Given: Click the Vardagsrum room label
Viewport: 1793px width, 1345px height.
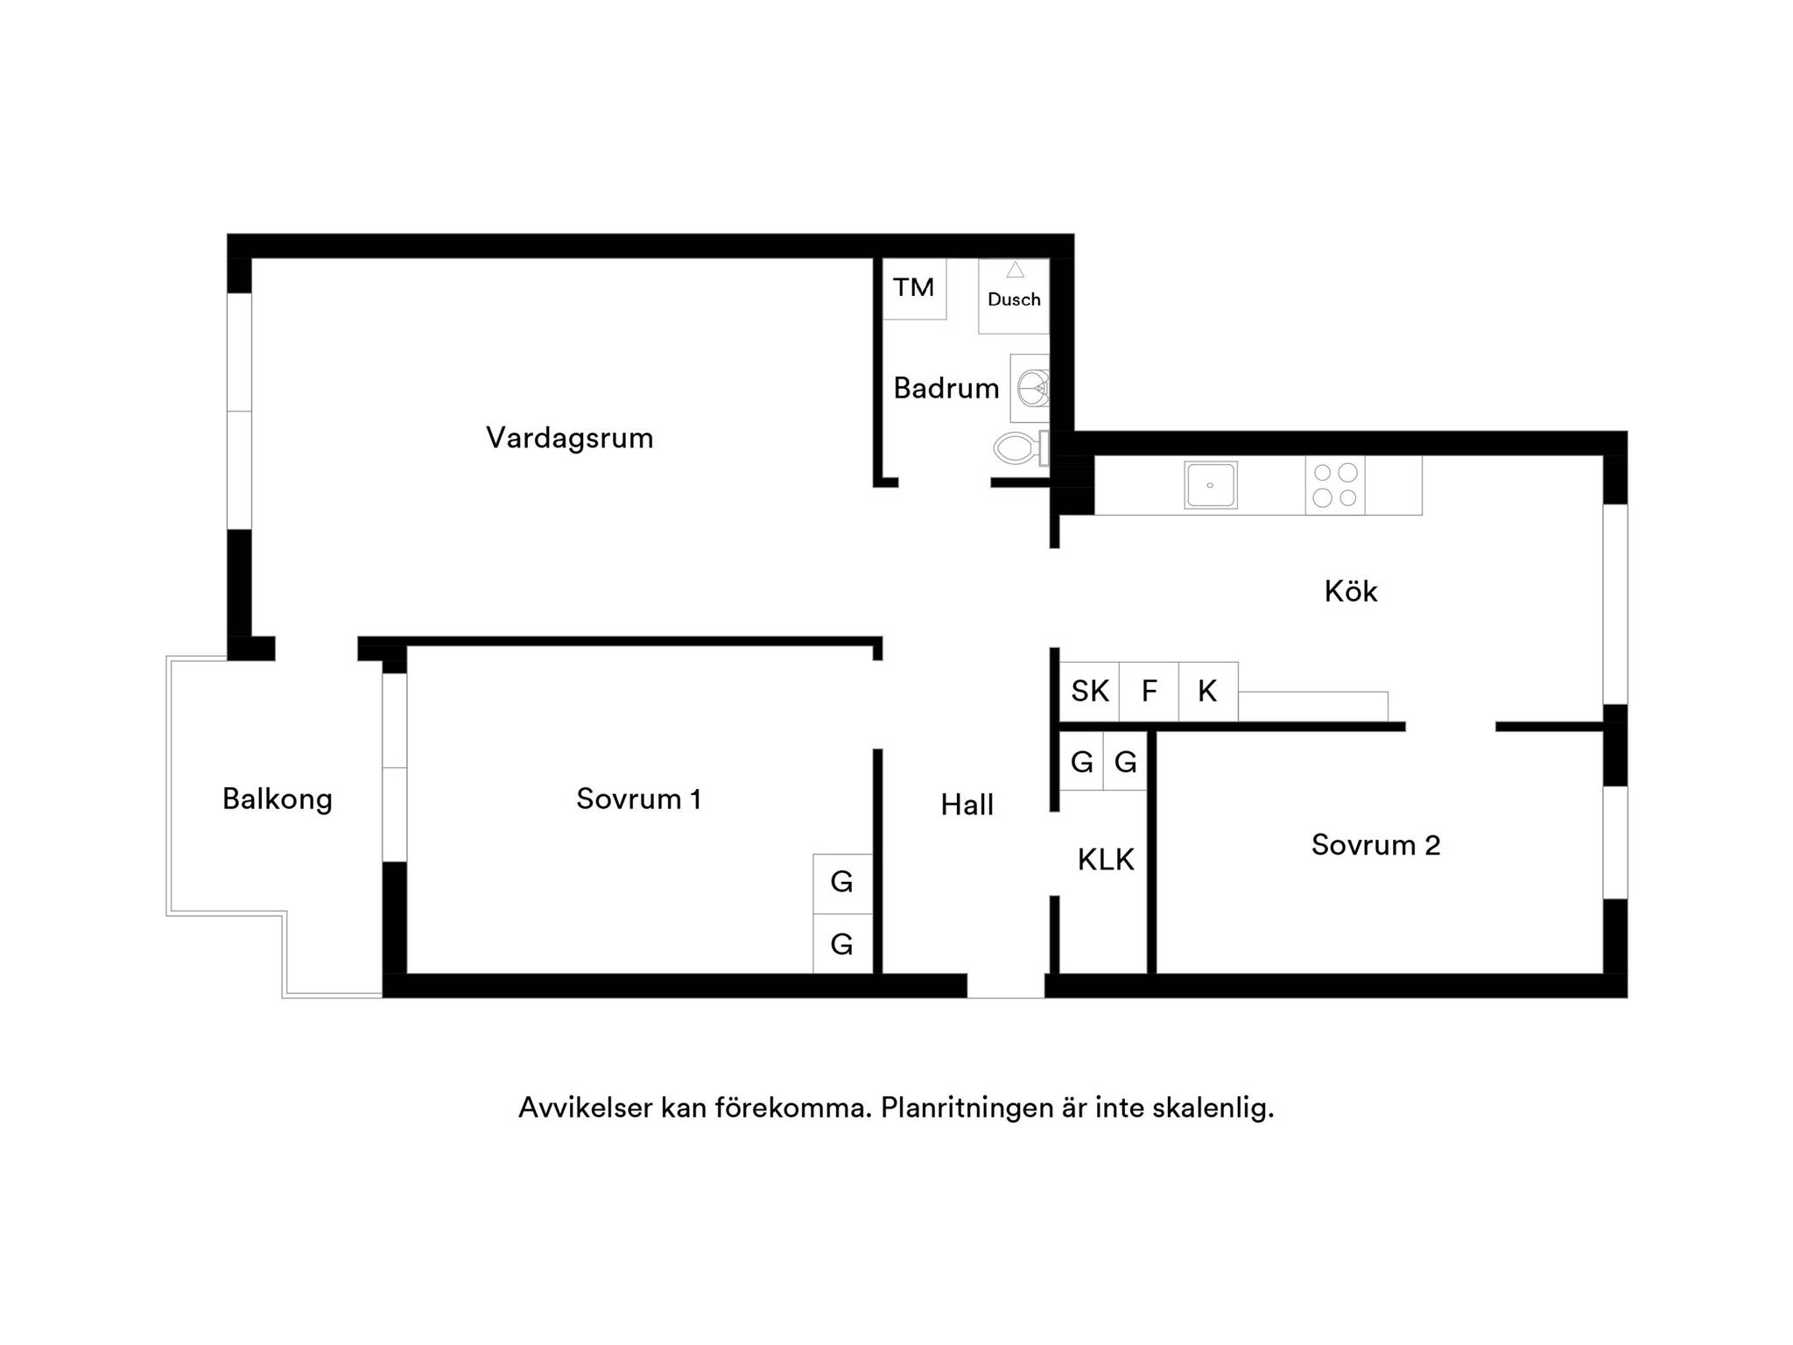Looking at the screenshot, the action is coord(570,438).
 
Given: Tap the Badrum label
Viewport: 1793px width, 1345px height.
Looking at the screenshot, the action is coord(946,388).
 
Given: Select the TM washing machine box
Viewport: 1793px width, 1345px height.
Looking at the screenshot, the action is coord(914,289).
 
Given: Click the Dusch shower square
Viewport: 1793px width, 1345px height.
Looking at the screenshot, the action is coord(1014,296).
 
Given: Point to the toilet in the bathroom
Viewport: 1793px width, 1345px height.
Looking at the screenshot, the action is coord(1020,448).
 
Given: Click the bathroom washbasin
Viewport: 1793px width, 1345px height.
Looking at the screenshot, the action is coord(1030,388).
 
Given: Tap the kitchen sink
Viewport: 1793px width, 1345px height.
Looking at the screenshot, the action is coord(1211,485).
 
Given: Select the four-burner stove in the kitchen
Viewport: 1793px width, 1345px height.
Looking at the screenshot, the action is coord(1335,485).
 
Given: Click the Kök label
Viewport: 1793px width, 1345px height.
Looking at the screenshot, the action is coord(1351,592).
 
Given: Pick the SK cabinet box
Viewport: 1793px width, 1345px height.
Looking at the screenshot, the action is coord(1090,692).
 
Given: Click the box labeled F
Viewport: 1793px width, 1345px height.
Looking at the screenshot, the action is coord(1150,692).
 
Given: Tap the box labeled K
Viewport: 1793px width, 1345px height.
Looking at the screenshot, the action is coord(1208,692).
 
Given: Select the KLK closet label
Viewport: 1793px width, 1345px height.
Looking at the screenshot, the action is coord(1106,860).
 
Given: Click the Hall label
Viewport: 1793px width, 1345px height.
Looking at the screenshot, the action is coord(967,805).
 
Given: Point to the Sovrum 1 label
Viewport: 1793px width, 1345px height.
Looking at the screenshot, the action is coord(639,799).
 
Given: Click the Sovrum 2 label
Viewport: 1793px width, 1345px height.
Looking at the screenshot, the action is coord(1375,845).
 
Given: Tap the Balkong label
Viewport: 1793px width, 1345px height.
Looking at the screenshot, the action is coord(278,799).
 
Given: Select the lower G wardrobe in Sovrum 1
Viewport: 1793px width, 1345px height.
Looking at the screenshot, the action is coord(842,944).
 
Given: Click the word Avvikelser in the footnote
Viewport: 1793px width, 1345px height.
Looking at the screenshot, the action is coord(586,1108).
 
